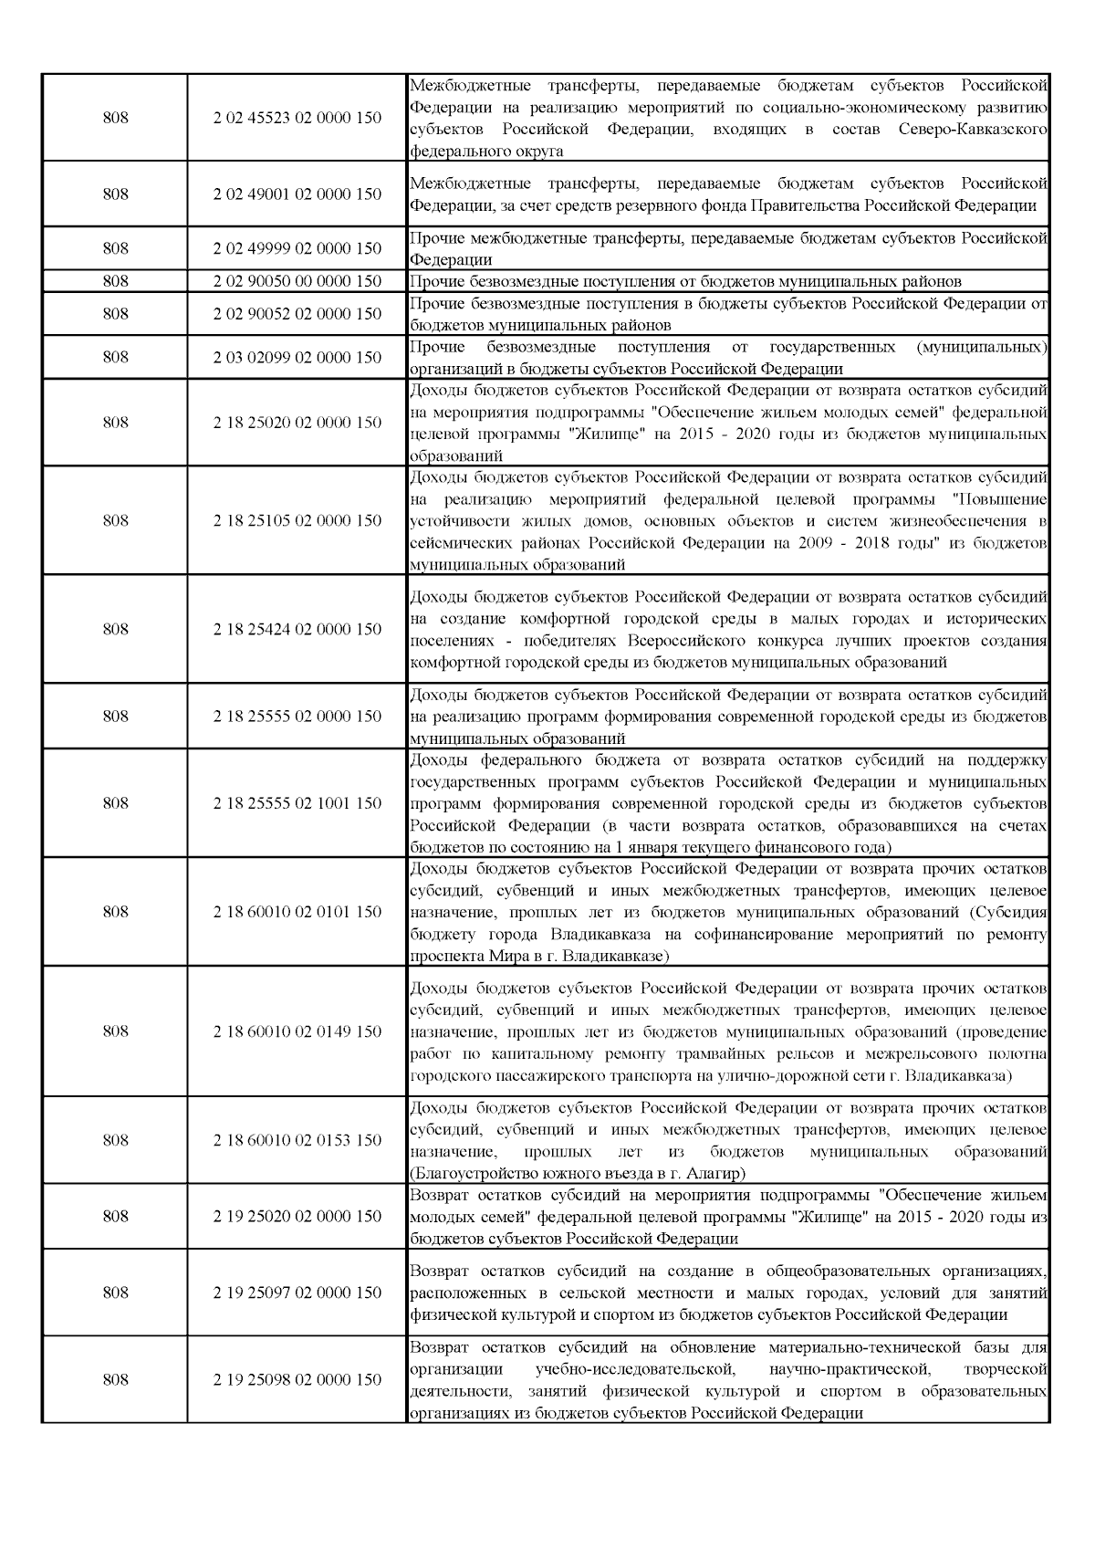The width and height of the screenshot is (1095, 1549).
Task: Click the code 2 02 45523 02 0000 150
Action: pyautogui.click(x=297, y=118)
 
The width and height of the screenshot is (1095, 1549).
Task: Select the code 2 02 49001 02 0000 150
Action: pyautogui.click(x=297, y=194)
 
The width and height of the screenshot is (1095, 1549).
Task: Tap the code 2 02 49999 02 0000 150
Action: pyautogui.click(x=297, y=248)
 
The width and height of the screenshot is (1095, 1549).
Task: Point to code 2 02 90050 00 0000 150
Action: pyautogui.click(x=297, y=281)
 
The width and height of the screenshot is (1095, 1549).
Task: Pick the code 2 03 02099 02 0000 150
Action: pyautogui.click(x=297, y=358)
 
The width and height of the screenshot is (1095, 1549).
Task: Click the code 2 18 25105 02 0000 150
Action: pyautogui.click(x=297, y=521)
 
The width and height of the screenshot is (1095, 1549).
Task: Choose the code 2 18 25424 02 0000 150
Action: pyautogui.click(x=297, y=630)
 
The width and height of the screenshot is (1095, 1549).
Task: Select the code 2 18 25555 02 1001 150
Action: pyautogui.click(x=297, y=803)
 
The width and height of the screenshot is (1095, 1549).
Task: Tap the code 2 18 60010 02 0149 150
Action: pyautogui.click(x=297, y=1031)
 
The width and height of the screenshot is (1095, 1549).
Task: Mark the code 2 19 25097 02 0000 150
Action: pyautogui.click(x=297, y=1293)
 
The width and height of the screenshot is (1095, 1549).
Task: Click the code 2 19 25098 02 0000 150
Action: pyautogui.click(x=297, y=1379)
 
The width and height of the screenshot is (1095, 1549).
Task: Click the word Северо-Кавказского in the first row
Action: pyautogui.click(x=972, y=130)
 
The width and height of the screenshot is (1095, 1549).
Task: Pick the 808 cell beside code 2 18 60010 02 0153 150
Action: pyautogui.click(x=115, y=1140)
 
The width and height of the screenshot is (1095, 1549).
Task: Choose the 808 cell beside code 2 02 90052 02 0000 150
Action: pyautogui.click(x=115, y=314)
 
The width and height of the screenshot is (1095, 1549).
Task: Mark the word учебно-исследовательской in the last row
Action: pyautogui.click(x=636, y=1369)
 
